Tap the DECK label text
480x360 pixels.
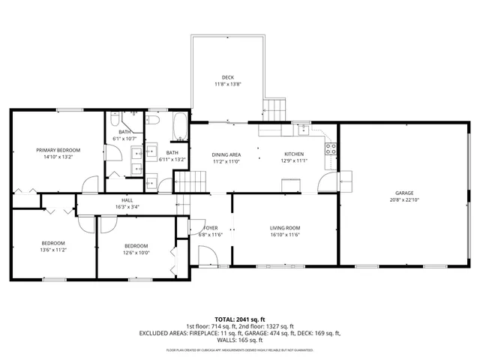(227, 77)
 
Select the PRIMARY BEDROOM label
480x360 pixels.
(58, 150)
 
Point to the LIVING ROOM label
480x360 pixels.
(285, 228)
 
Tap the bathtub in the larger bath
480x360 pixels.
(181, 127)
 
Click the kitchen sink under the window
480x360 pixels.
(303, 128)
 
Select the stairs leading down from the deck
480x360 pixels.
(276, 109)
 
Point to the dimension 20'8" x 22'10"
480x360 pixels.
(404, 200)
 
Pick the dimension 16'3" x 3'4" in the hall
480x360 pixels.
(127, 207)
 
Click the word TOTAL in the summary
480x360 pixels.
(225, 319)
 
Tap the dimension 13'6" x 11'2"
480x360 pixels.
(53, 250)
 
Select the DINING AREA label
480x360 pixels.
(226, 154)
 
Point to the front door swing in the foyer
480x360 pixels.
(209, 255)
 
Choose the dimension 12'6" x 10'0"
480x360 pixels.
(136, 253)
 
